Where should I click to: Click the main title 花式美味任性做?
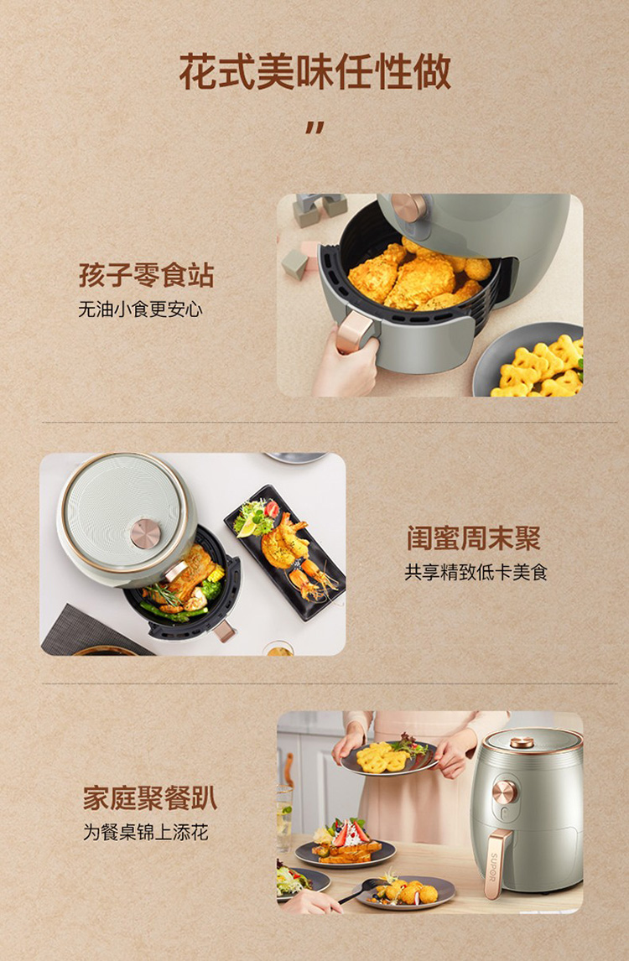coord(315,72)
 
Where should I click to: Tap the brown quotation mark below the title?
coord(314,127)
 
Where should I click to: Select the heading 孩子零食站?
coord(147,274)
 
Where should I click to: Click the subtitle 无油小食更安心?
coord(140,309)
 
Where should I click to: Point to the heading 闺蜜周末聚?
coord(473,538)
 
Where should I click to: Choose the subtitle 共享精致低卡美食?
coord(476,573)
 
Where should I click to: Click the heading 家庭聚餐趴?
coord(150,798)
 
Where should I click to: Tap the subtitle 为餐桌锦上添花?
coord(146,833)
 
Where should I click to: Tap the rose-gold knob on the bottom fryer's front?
coord(505,792)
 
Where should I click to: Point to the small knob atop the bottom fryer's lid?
coord(522,742)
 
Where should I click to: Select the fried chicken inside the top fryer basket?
coord(418,277)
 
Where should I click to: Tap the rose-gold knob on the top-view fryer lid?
coord(146,533)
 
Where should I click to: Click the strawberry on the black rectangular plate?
coord(272,508)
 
